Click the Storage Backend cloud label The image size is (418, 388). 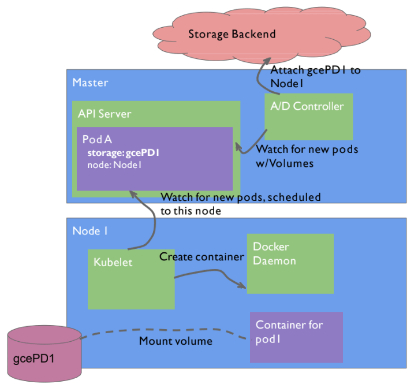232,34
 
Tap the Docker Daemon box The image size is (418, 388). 290,263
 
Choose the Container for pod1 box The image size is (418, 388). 296,337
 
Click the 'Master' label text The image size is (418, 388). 90,83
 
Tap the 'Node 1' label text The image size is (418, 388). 90,231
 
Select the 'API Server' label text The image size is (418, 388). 104,114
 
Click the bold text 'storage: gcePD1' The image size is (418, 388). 124,154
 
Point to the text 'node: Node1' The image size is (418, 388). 114,165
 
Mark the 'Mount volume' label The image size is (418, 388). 176,341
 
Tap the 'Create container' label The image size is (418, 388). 201,256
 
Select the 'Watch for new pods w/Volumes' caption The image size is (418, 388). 307,156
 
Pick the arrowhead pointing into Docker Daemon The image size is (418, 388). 240,283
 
